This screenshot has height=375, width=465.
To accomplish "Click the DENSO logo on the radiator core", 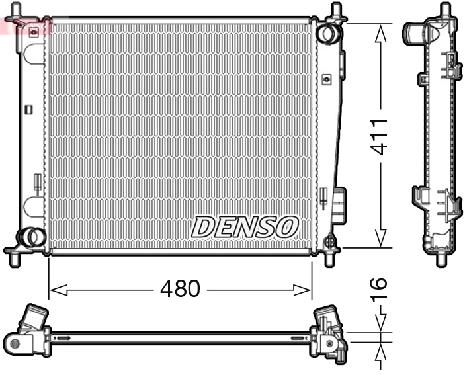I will point(244,227).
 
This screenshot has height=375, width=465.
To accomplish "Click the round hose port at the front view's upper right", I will point(327,32).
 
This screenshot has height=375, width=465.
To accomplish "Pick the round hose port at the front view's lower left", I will point(30,235).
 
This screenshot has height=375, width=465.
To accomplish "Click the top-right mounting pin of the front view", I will point(335,11).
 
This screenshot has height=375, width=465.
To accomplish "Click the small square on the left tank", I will point(28,110).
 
